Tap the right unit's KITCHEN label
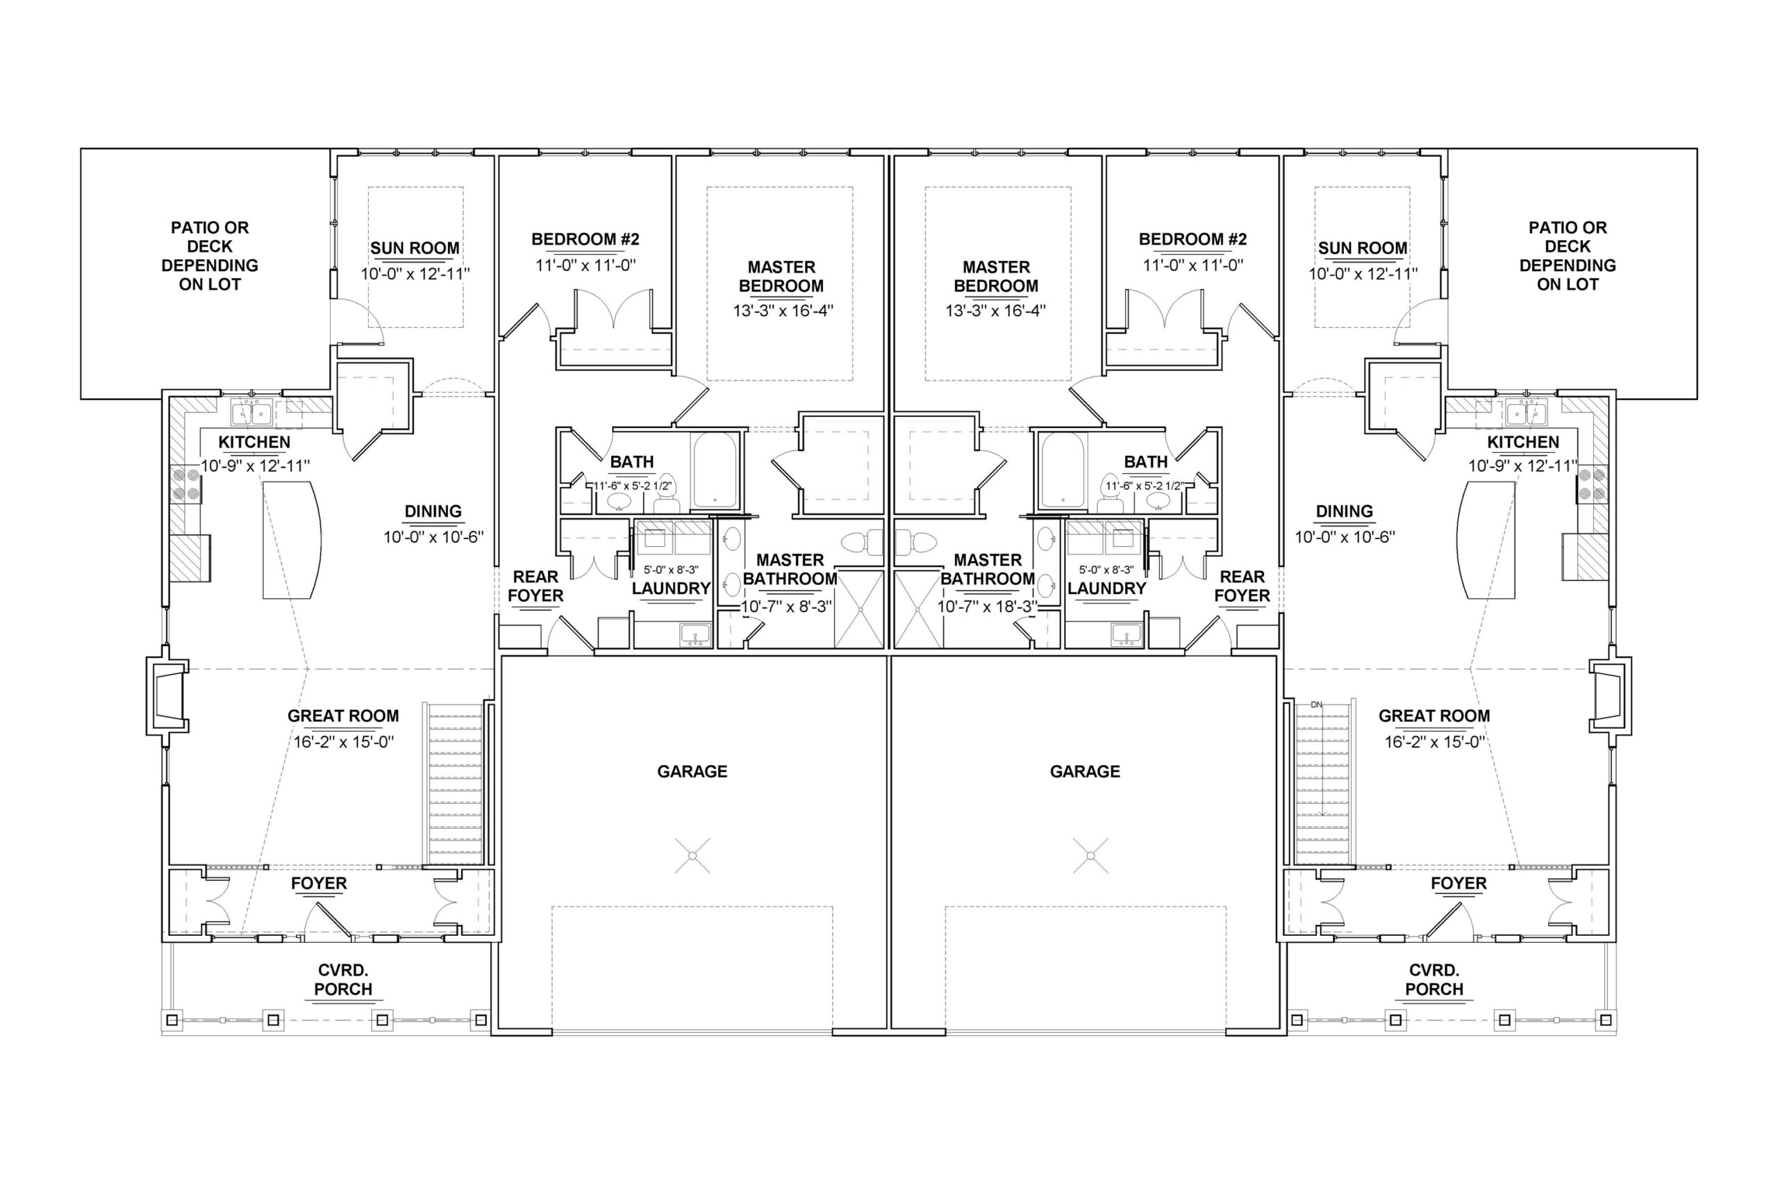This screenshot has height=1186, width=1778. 1522,443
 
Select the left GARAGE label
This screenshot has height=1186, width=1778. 692,771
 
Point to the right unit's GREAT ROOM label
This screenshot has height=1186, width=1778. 1434,716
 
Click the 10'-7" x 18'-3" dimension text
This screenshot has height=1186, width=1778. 987,607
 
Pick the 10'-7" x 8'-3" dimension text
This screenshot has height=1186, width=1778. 786,607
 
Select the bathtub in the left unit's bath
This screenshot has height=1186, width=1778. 715,470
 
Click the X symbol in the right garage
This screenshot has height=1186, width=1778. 1090,855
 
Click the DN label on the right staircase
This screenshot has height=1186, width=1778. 1316,705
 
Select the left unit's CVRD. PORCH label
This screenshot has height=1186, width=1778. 343,980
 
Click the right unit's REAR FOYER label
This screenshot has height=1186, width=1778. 1242,586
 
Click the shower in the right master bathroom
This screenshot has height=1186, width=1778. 918,609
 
